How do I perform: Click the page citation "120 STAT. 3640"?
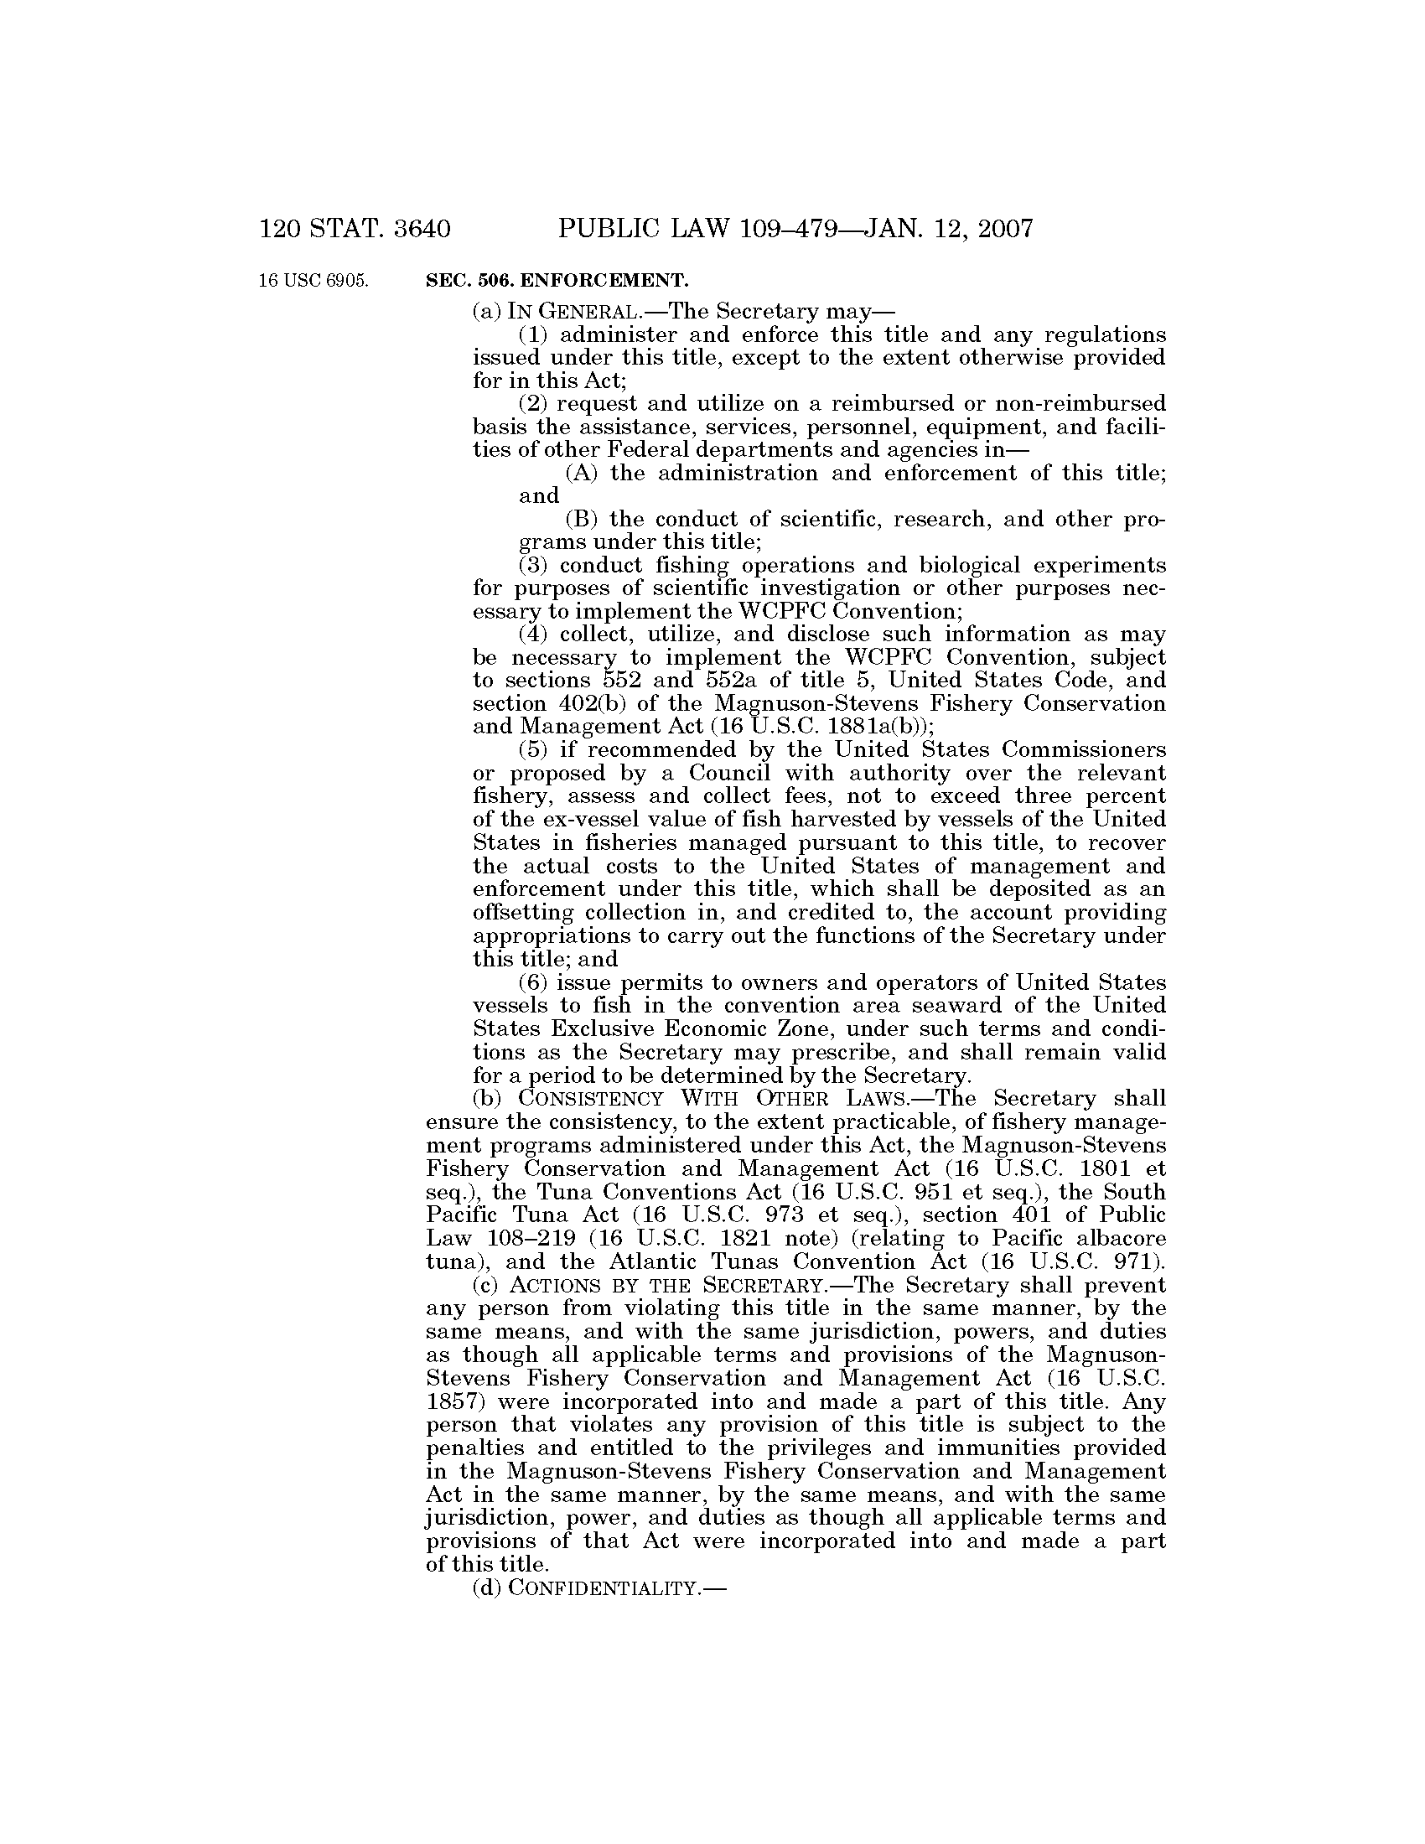click(355, 229)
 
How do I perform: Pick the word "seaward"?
click(951, 1006)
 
